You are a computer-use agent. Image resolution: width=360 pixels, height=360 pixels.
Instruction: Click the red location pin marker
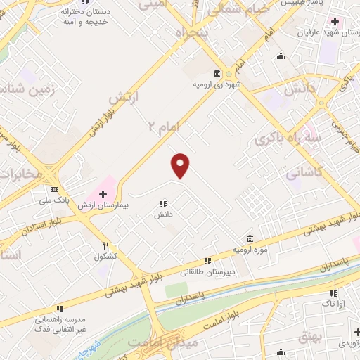[181, 166]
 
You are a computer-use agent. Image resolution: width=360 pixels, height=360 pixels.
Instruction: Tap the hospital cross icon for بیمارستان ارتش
[103, 193]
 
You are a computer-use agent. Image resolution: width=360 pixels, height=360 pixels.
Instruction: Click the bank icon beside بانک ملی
[55, 190]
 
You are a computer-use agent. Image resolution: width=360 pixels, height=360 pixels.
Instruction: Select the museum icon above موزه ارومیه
[250, 239]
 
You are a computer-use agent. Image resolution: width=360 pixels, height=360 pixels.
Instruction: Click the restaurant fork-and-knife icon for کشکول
[106, 246]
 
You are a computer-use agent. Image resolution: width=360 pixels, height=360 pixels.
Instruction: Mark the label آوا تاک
[332, 303]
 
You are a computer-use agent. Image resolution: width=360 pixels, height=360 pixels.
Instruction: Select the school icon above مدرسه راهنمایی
[60, 308]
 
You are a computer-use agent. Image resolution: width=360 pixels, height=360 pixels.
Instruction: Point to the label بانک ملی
[56, 201]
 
